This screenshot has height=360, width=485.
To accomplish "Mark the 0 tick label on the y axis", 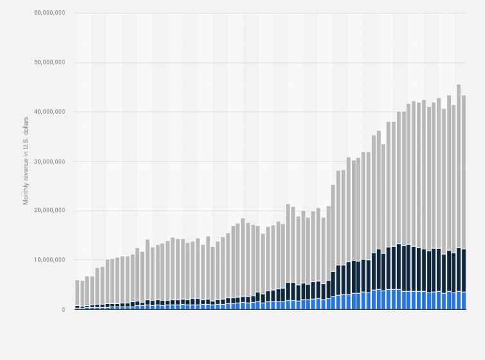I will point(63,309).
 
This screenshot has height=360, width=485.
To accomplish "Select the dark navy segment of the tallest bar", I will point(459,270).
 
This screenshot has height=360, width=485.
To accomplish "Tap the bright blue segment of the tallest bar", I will point(459,300).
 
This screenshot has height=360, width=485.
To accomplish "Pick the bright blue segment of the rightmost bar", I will point(464,301).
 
